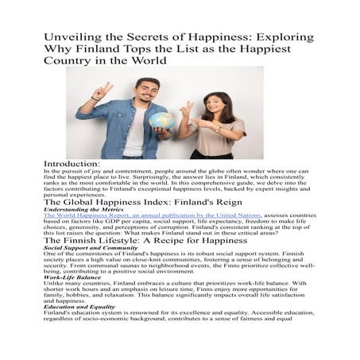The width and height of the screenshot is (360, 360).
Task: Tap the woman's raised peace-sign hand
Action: click(183, 107)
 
